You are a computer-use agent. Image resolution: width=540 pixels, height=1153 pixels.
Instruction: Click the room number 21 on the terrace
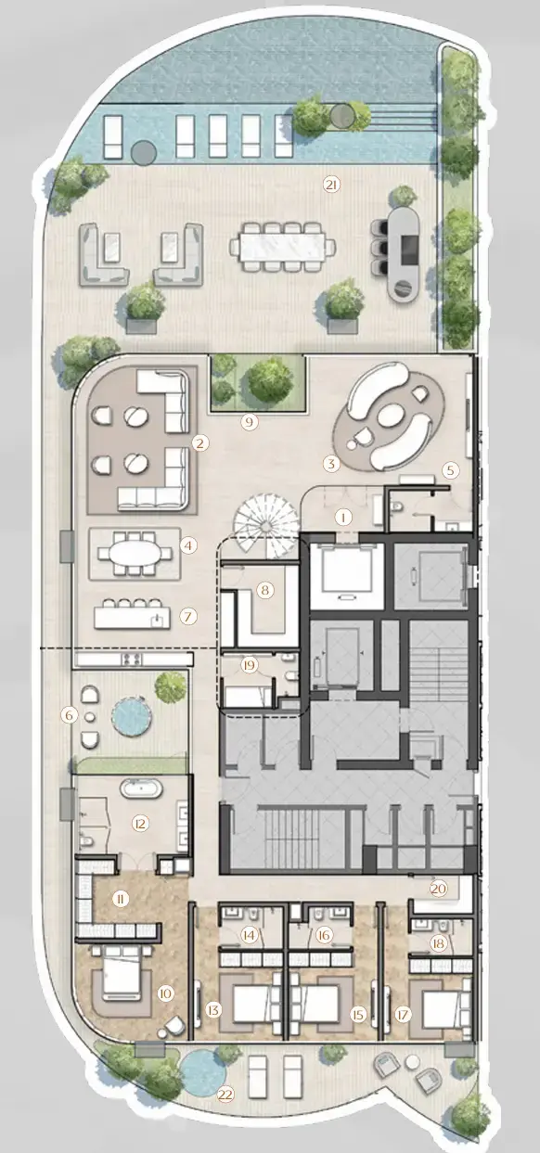pos(331,185)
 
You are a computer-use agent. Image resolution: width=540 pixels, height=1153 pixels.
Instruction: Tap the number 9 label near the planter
pos(248,422)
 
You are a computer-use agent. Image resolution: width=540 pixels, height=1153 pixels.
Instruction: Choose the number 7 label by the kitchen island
pos(188,615)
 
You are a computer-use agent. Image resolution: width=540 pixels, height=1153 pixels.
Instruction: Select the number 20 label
pos(439,888)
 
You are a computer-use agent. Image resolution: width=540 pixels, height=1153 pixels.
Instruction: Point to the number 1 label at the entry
pos(343,515)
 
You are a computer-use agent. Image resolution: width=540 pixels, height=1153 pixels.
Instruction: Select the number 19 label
pos(248,664)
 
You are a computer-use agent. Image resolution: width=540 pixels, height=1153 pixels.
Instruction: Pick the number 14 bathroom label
pos(249,936)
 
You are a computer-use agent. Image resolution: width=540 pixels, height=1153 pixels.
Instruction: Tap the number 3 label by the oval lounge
pos(329,462)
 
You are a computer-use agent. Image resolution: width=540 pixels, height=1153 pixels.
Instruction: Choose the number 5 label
pos(450,469)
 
